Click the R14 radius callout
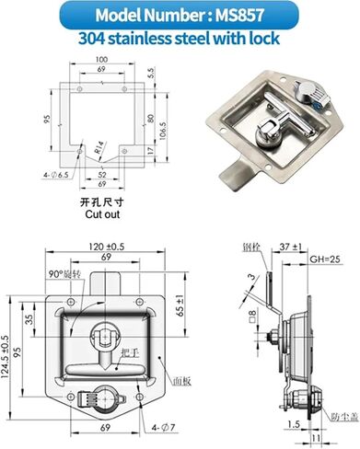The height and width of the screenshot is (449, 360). click(99, 144)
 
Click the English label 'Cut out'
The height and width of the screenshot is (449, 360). click(102, 213)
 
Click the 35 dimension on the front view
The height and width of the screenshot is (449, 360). click(29, 320)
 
